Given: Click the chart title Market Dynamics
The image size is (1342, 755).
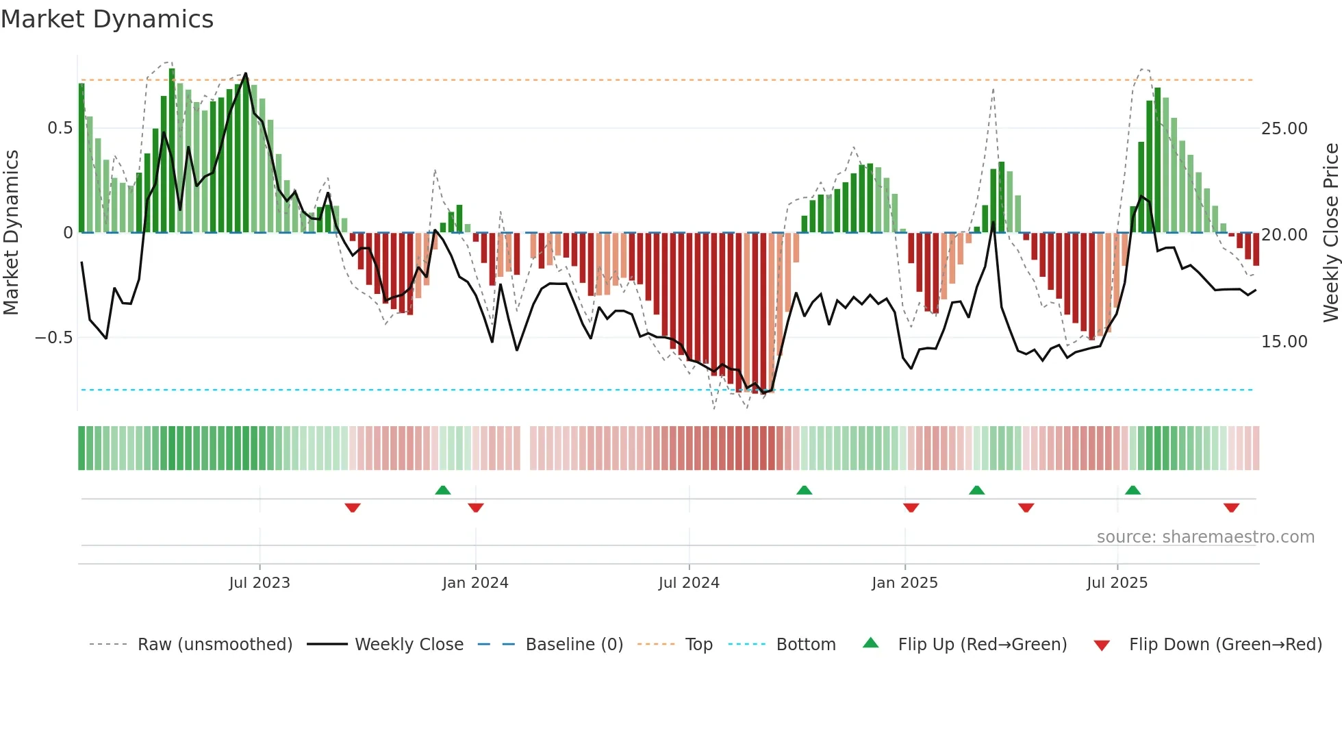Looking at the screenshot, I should [107, 19].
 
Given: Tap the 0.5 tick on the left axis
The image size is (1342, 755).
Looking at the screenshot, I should [60, 128].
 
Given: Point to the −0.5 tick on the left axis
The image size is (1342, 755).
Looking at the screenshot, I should [53, 338].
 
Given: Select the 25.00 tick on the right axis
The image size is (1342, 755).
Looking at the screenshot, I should [1284, 129].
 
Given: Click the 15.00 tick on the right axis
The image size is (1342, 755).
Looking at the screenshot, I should [1284, 341].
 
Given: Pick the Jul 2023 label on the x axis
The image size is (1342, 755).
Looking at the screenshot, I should [259, 583].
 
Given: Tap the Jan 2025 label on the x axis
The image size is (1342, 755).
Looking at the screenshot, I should [904, 583].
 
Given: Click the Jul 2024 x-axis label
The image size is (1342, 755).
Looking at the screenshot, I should [689, 583].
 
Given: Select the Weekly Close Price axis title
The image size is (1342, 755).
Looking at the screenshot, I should [1330, 233].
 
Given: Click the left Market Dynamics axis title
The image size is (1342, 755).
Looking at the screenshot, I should [11, 233].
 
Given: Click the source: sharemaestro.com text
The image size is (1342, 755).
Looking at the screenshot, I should [1205, 537].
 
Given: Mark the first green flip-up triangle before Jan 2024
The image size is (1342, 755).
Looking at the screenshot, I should [443, 491].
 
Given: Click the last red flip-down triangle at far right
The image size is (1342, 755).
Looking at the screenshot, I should [1231, 508].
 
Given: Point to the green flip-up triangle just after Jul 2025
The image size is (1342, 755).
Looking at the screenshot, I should [1132, 491].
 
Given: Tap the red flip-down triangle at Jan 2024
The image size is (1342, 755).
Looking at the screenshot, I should [476, 508].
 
